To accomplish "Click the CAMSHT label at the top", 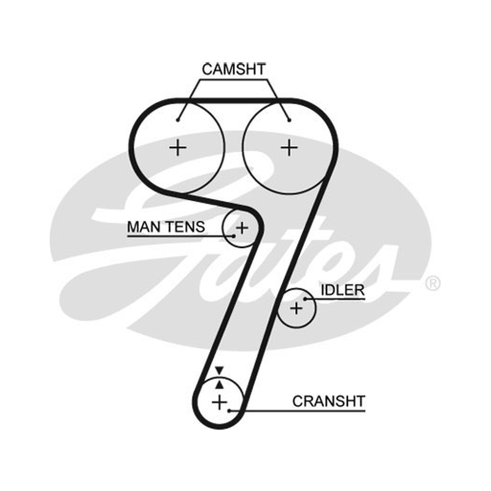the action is click(234, 69).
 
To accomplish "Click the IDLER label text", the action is click(342, 290).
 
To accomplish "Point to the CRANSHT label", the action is click(329, 401).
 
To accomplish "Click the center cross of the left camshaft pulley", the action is click(178, 147).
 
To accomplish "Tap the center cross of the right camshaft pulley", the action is click(289, 147).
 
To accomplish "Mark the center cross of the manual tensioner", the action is click(242, 228).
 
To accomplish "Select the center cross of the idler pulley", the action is click(296, 309).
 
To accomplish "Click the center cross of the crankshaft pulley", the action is click(220, 402).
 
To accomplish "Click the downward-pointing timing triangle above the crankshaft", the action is click(219, 370).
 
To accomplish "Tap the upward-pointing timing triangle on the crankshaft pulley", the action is click(220, 384).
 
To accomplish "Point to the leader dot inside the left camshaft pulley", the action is click(177, 120).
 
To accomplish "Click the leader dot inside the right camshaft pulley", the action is click(289, 120).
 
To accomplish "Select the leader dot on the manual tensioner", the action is click(234, 236).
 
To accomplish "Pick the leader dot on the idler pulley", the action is click(305, 300).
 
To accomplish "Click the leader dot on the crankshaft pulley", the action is click(229, 410).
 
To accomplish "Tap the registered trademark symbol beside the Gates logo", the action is click(433, 284).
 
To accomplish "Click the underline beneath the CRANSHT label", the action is click(298, 410).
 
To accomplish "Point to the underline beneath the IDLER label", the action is click(335, 300).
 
